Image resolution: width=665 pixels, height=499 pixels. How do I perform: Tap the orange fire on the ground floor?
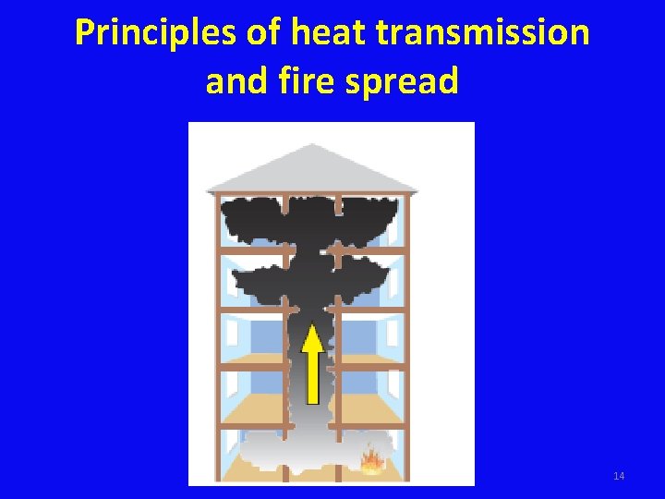pyautogui.click(x=372, y=459)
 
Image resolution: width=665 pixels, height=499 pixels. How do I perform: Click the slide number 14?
pyautogui.click(x=618, y=476)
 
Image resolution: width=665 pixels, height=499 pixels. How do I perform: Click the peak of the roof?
pyautogui.click(x=313, y=146)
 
